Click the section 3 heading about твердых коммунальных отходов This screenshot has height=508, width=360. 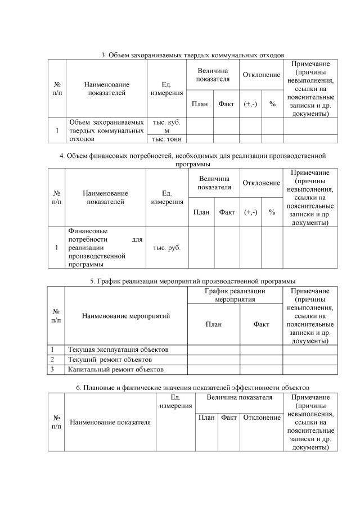192,55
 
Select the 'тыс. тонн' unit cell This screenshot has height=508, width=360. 166,139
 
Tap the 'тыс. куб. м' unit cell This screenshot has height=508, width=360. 166,126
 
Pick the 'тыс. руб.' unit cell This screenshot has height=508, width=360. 166,247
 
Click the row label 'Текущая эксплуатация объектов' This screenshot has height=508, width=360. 118,350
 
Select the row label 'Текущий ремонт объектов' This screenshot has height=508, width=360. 110,359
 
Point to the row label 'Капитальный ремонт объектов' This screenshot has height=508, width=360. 115,369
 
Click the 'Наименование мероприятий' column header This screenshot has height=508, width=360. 126,316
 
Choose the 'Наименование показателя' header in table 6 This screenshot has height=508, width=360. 110,422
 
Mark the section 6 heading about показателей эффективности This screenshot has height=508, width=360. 192,388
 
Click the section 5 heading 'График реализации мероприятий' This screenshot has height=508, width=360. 192,281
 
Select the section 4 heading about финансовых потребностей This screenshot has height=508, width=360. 192,160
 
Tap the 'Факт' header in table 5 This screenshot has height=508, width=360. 261,324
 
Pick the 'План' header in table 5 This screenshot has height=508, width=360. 214,324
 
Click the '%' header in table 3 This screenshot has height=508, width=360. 272,104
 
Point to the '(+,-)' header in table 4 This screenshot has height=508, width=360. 250,212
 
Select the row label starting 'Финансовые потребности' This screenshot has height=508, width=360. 105,247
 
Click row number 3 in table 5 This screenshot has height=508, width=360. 52,369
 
